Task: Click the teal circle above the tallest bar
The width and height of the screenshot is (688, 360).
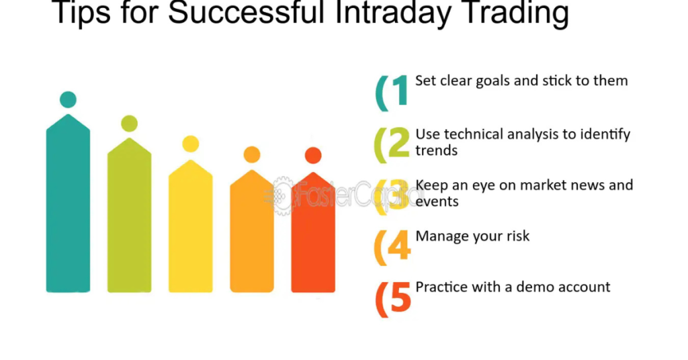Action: (68, 99)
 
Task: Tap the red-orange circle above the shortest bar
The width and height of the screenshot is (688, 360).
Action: (313, 155)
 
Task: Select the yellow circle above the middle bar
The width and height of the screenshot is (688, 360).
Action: (191, 144)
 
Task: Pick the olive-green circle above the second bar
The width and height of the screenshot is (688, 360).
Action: (129, 124)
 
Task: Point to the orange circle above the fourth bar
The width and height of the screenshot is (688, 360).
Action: (252, 154)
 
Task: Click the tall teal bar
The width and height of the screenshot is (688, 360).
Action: (68, 208)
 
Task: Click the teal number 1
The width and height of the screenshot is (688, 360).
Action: (400, 91)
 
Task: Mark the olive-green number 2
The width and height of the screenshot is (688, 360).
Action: (399, 143)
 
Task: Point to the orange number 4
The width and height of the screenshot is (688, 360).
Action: (399, 246)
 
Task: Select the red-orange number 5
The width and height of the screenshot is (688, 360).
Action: (400, 298)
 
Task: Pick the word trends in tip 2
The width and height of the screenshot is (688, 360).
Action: (436, 150)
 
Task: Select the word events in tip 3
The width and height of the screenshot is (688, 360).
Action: (437, 201)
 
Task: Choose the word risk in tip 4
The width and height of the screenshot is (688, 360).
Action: (516, 236)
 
